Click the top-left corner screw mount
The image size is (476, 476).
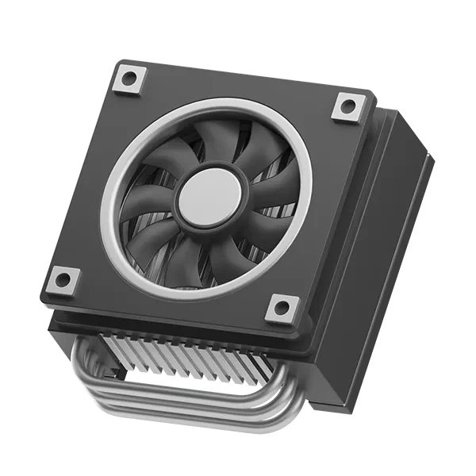[129, 79]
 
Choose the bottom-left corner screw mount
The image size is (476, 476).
[63, 279]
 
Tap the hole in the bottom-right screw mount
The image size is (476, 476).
[282, 308]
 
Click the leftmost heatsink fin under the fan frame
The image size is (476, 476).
[111, 349]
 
